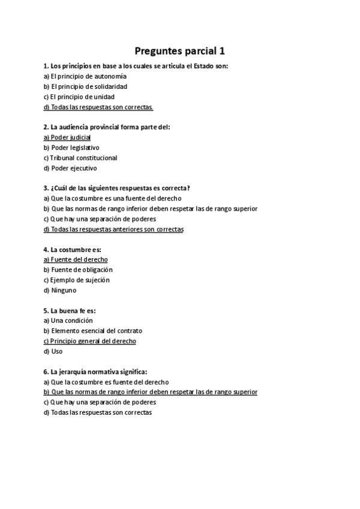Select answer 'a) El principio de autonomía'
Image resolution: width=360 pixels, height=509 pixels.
point(85,76)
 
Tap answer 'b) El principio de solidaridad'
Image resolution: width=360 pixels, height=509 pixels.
point(85,86)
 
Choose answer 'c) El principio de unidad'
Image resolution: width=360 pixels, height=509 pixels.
point(79,97)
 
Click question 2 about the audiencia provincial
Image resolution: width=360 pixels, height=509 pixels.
point(107,127)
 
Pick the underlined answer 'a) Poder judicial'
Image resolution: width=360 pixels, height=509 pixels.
point(67,137)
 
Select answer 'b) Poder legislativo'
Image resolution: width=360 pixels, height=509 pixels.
point(71,148)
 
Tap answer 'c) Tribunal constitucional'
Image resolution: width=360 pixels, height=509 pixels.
point(80,158)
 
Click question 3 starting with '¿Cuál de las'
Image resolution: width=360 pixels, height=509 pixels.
point(117,188)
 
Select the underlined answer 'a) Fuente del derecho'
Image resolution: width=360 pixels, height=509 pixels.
point(76,259)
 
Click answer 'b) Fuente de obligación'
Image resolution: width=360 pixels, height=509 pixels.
point(78,270)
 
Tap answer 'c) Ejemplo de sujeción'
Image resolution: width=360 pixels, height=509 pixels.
point(77,280)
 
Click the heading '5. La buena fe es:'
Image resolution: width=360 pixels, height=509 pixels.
point(70,310)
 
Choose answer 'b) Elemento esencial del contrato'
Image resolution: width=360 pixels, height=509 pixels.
point(93,331)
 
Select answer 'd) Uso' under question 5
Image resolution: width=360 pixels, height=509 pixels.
point(53,351)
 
